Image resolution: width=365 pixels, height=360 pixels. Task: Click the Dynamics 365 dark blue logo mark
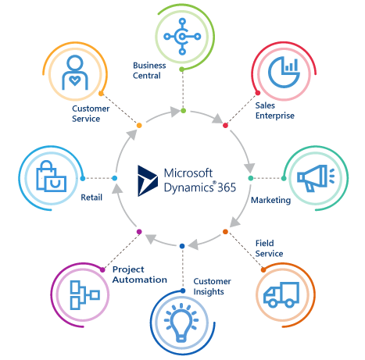click(147, 180)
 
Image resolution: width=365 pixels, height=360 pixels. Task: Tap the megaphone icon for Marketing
click(316, 178)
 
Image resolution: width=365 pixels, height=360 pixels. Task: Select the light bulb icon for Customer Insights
click(181, 323)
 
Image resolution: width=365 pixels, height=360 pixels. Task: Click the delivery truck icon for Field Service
click(281, 294)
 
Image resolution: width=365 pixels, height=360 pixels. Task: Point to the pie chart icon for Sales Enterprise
click(284, 73)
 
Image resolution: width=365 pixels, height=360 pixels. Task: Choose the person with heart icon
click(75, 73)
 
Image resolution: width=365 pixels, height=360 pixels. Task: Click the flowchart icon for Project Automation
click(84, 295)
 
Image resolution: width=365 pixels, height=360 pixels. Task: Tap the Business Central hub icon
click(182, 37)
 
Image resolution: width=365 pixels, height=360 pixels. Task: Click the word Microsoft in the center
click(188, 173)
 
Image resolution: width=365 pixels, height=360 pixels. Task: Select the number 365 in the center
click(227, 187)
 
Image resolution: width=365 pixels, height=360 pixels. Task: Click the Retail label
click(91, 198)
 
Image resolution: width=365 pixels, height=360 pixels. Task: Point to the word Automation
click(140, 280)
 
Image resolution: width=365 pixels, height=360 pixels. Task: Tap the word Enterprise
click(275, 116)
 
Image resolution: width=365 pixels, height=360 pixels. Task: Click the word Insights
click(209, 292)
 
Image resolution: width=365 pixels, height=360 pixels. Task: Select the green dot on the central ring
click(183, 111)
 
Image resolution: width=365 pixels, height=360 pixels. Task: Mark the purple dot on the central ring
click(139, 232)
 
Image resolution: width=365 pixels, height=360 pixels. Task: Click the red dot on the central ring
click(225, 126)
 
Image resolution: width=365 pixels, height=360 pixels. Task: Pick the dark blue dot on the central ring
click(182, 246)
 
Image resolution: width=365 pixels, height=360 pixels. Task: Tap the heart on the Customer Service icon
click(75, 80)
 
